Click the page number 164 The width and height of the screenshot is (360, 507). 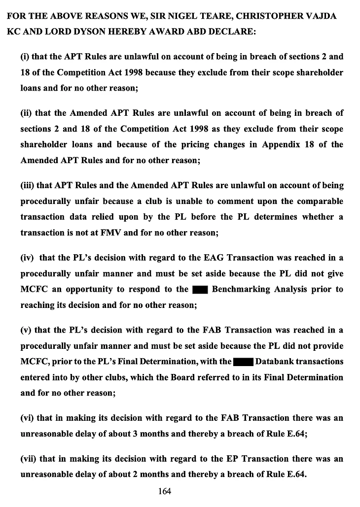[164, 491]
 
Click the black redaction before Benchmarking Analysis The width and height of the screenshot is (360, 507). [199, 289]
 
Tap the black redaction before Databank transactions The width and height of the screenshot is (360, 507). [243, 362]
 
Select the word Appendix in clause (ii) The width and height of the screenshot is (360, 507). [279, 145]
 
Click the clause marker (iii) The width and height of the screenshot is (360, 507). [28, 185]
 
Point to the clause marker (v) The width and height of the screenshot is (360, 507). [26, 330]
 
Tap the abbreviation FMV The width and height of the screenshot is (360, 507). [110, 233]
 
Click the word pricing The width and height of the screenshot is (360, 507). [197, 145]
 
